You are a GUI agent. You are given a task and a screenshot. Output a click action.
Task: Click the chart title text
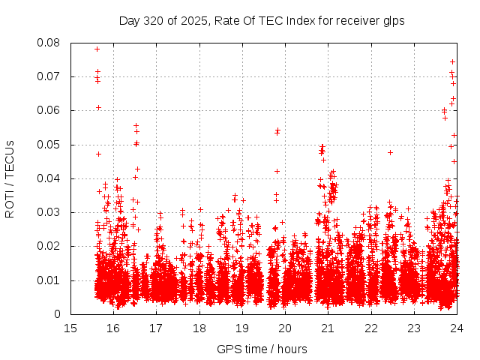262,20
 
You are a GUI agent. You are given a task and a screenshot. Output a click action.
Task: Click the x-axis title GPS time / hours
262,349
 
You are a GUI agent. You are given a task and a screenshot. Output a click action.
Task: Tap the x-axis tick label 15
70,328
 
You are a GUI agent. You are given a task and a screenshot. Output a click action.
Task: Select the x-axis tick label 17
156,328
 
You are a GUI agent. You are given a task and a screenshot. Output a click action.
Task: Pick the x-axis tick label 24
457,328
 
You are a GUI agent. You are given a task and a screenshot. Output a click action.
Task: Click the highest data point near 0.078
97,49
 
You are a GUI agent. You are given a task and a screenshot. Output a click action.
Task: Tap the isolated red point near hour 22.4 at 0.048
390,152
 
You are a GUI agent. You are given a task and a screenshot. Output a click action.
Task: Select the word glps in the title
394,21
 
